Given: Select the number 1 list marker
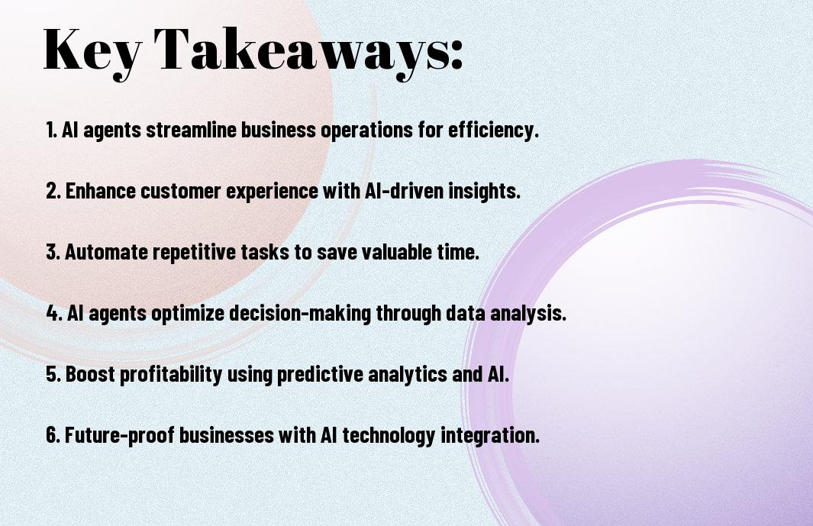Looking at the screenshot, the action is [51, 130].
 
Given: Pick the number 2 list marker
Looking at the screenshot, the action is [53, 191].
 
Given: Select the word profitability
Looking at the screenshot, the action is [171, 375].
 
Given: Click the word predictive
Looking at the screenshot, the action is [320, 375].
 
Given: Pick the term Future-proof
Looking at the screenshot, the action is [119, 436].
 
